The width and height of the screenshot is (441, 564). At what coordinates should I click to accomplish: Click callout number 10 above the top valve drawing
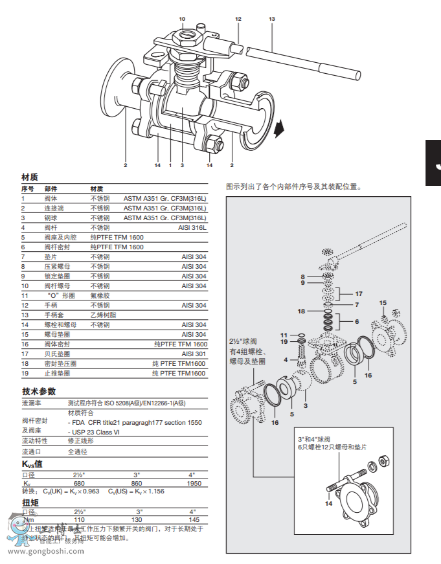[x=182, y=19]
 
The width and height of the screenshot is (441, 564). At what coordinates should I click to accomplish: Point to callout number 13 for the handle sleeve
[x=271, y=19]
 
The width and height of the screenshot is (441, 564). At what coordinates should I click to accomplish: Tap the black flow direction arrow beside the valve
[x=279, y=128]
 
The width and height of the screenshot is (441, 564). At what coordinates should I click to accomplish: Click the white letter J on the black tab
[x=436, y=163]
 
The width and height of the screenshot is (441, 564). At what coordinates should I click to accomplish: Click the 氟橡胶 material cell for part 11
[x=100, y=295]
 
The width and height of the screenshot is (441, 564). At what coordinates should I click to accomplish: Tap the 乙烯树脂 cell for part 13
[x=103, y=315]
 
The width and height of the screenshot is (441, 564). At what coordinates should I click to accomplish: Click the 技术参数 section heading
[x=39, y=391]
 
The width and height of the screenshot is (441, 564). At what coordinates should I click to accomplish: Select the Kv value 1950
[x=194, y=484]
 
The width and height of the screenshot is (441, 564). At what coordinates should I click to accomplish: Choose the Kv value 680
[x=79, y=484]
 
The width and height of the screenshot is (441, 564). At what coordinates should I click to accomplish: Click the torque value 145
[x=194, y=520]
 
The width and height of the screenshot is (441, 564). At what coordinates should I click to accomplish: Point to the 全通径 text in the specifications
[x=78, y=451]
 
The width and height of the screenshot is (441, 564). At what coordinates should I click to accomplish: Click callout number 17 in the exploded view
[x=359, y=294]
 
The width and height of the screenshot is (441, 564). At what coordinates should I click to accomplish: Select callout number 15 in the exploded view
[x=383, y=303]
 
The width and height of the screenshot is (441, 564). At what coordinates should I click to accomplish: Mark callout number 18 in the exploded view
[x=301, y=311]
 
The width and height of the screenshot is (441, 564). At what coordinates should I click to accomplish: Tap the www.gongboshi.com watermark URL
[x=45, y=552]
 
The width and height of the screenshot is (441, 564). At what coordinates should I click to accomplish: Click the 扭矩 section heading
[x=30, y=502]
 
